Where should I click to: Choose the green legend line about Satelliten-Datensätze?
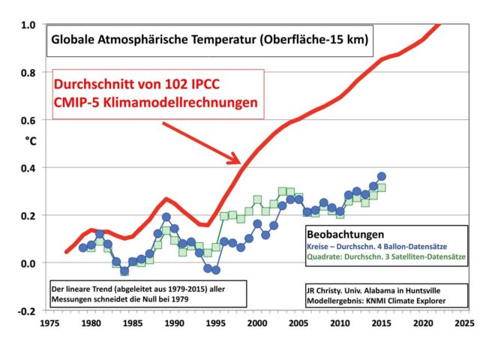coord(385,257)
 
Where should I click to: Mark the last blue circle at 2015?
coord(382,176)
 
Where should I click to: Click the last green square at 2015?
coord(382,187)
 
